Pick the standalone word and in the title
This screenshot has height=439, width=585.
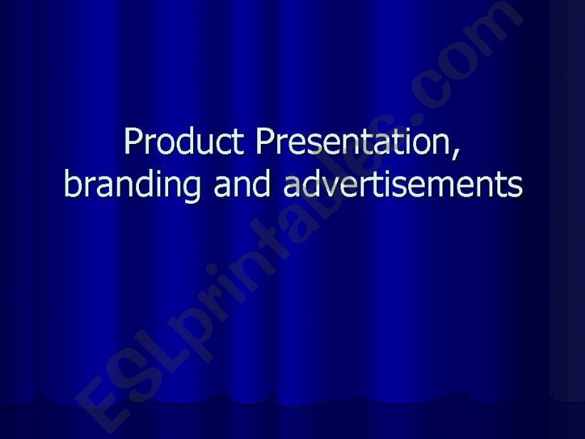tap(243, 184)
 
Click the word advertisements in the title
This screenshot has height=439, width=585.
tap(403, 184)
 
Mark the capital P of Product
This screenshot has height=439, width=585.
tap(133, 141)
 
